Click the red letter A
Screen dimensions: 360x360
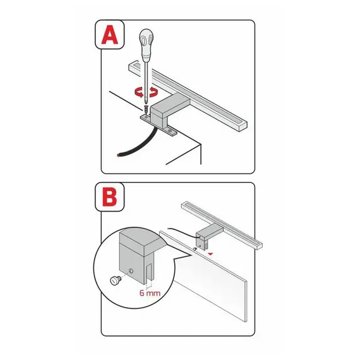coord(110,35)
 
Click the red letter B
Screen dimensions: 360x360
coord(110,197)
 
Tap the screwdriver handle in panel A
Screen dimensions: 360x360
coord(146,45)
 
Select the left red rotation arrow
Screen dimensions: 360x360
coord(139,93)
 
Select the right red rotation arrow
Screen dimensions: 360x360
coord(153,92)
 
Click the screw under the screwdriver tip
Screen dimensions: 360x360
coord(146,109)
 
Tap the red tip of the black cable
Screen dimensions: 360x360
coord(119,155)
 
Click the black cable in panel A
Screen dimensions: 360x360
coord(138,145)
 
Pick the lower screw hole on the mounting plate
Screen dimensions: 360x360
coord(170,131)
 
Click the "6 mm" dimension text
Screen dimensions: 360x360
coord(150,293)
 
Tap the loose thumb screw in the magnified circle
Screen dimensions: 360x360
coord(115,280)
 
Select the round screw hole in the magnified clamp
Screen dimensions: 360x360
coord(131,271)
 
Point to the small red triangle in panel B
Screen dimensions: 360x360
coord(210,254)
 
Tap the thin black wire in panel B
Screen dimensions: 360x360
coord(183,232)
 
